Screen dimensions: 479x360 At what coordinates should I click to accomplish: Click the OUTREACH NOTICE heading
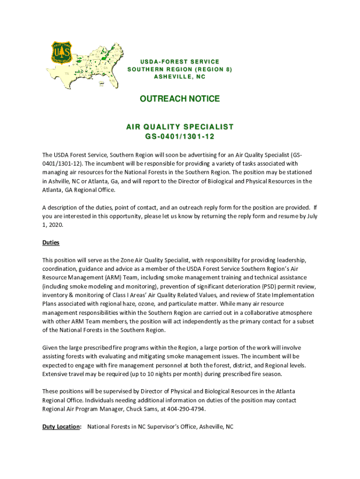click(x=180, y=99)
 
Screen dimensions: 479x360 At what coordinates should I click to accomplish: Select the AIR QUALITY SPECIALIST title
click(x=180, y=127)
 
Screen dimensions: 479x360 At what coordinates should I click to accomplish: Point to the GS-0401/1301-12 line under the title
click(x=180, y=136)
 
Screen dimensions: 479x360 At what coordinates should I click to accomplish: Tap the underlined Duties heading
click(x=51, y=243)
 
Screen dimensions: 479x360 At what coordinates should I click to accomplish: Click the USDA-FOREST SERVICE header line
click(x=180, y=62)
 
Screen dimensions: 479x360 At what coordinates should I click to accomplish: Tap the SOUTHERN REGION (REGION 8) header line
click(x=180, y=69)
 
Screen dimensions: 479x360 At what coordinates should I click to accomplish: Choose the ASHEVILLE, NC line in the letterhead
click(x=180, y=77)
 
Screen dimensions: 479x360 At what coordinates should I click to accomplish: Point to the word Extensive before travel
click(x=55, y=374)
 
